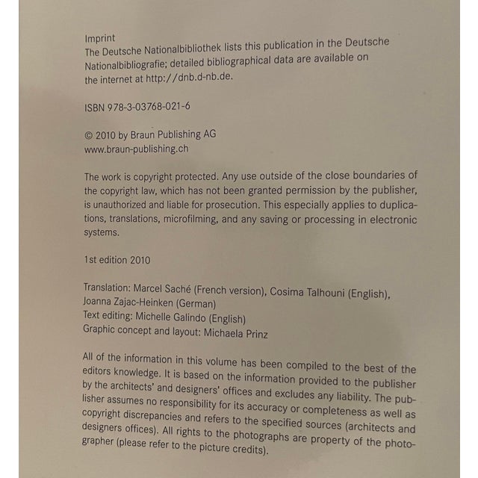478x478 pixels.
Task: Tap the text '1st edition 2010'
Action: (119, 261)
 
